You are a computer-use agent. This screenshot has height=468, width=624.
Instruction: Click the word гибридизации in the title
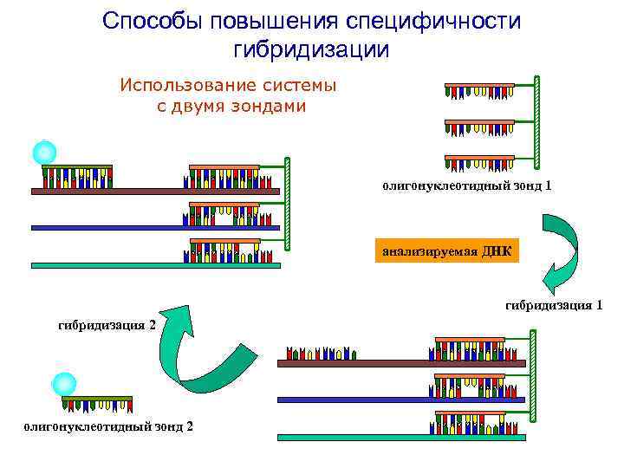click(311, 49)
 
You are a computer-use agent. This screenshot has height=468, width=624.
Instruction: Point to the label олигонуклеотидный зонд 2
click(109, 426)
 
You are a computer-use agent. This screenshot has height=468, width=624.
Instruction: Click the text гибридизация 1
click(554, 305)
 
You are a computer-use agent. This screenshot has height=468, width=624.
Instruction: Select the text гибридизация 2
click(107, 325)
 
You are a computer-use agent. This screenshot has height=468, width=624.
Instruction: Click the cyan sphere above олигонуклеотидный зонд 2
click(64, 384)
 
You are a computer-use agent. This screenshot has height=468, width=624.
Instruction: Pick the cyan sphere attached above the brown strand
click(44, 153)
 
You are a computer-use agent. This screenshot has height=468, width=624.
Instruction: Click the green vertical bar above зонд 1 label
click(537, 121)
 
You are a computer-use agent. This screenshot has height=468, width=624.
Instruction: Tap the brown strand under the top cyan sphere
click(156, 191)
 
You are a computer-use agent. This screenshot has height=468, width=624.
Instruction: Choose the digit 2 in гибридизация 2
click(153, 325)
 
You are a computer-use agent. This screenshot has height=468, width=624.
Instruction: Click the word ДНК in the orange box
click(497, 251)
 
